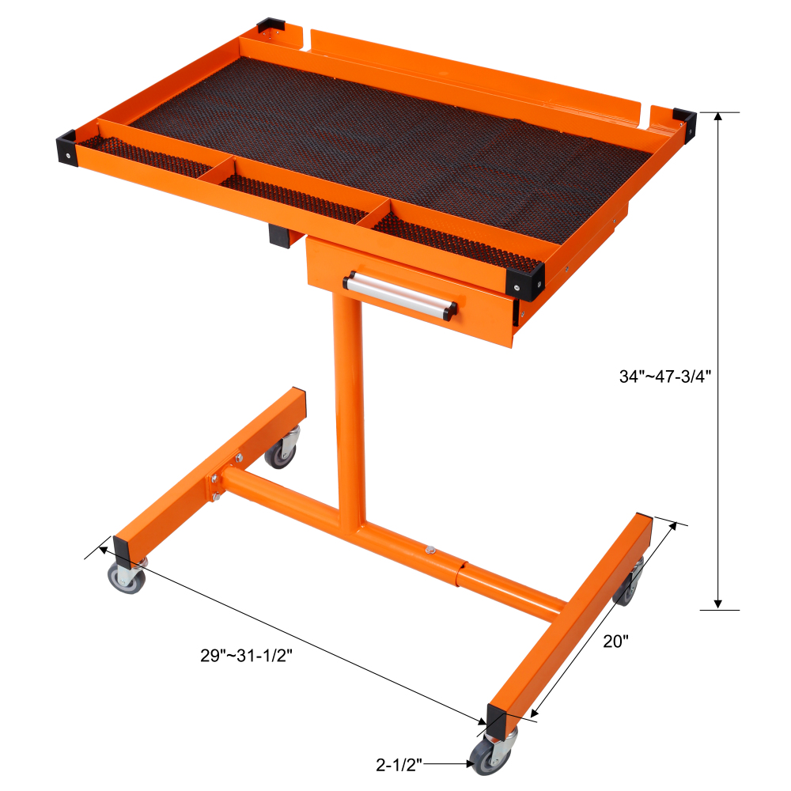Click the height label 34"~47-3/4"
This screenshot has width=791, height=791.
click(666, 377)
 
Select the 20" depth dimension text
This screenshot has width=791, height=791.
click(615, 642)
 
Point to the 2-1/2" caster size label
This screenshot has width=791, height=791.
click(399, 764)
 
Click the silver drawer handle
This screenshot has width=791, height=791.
click(400, 294)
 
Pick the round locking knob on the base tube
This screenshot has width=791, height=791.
click(430, 549)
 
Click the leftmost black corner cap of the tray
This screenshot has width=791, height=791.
click(65, 146)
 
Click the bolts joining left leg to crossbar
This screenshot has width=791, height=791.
click(214, 486)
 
